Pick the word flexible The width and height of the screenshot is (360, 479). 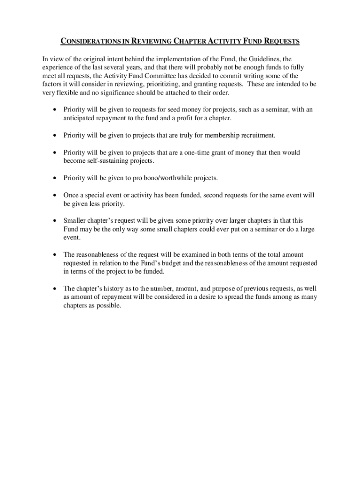pos(70,93)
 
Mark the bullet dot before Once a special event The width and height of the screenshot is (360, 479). pos(55,195)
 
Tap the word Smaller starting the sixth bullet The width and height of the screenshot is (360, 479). pos(75,220)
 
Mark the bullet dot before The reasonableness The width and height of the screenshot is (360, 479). pos(55,254)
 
